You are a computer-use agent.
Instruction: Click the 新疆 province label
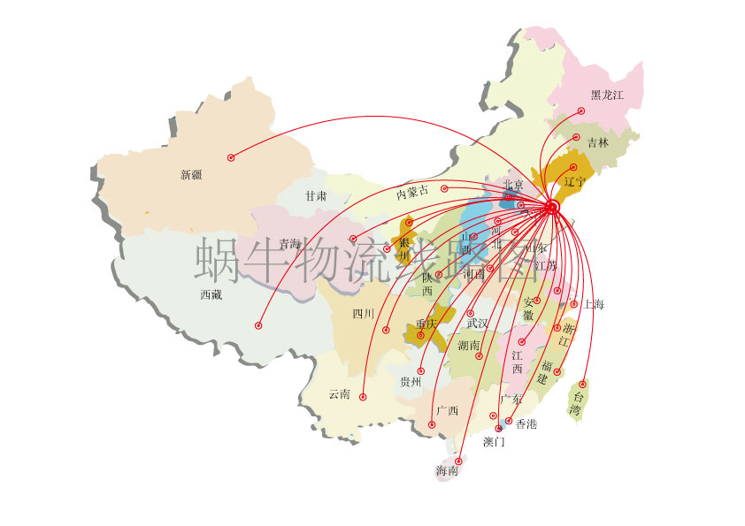tap(191, 175)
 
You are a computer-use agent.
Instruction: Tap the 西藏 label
tap(211, 295)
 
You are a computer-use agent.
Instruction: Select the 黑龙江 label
tap(608, 95)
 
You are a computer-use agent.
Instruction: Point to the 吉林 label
tap(598, 142)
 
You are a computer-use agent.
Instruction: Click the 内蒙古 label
tap(412, 192)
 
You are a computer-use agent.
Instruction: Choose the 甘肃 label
tap(316, 195)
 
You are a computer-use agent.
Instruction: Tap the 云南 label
tap(339, 394)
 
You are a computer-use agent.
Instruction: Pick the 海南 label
tap(447, 472)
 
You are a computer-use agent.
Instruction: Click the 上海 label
tap(594, 305)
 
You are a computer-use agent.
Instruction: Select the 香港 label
tap(526, 424)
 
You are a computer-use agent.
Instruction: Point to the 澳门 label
tap(494, 441)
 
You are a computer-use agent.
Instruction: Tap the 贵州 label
tap(411, 382)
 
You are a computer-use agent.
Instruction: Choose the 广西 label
tap(447, 411)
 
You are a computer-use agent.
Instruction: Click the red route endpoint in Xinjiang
tap(231, 157)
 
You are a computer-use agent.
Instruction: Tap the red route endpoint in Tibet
tap(259, 325)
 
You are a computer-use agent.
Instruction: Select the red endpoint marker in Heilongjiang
tap(581, 111)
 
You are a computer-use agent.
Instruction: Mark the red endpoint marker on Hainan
tap(459, 461)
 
